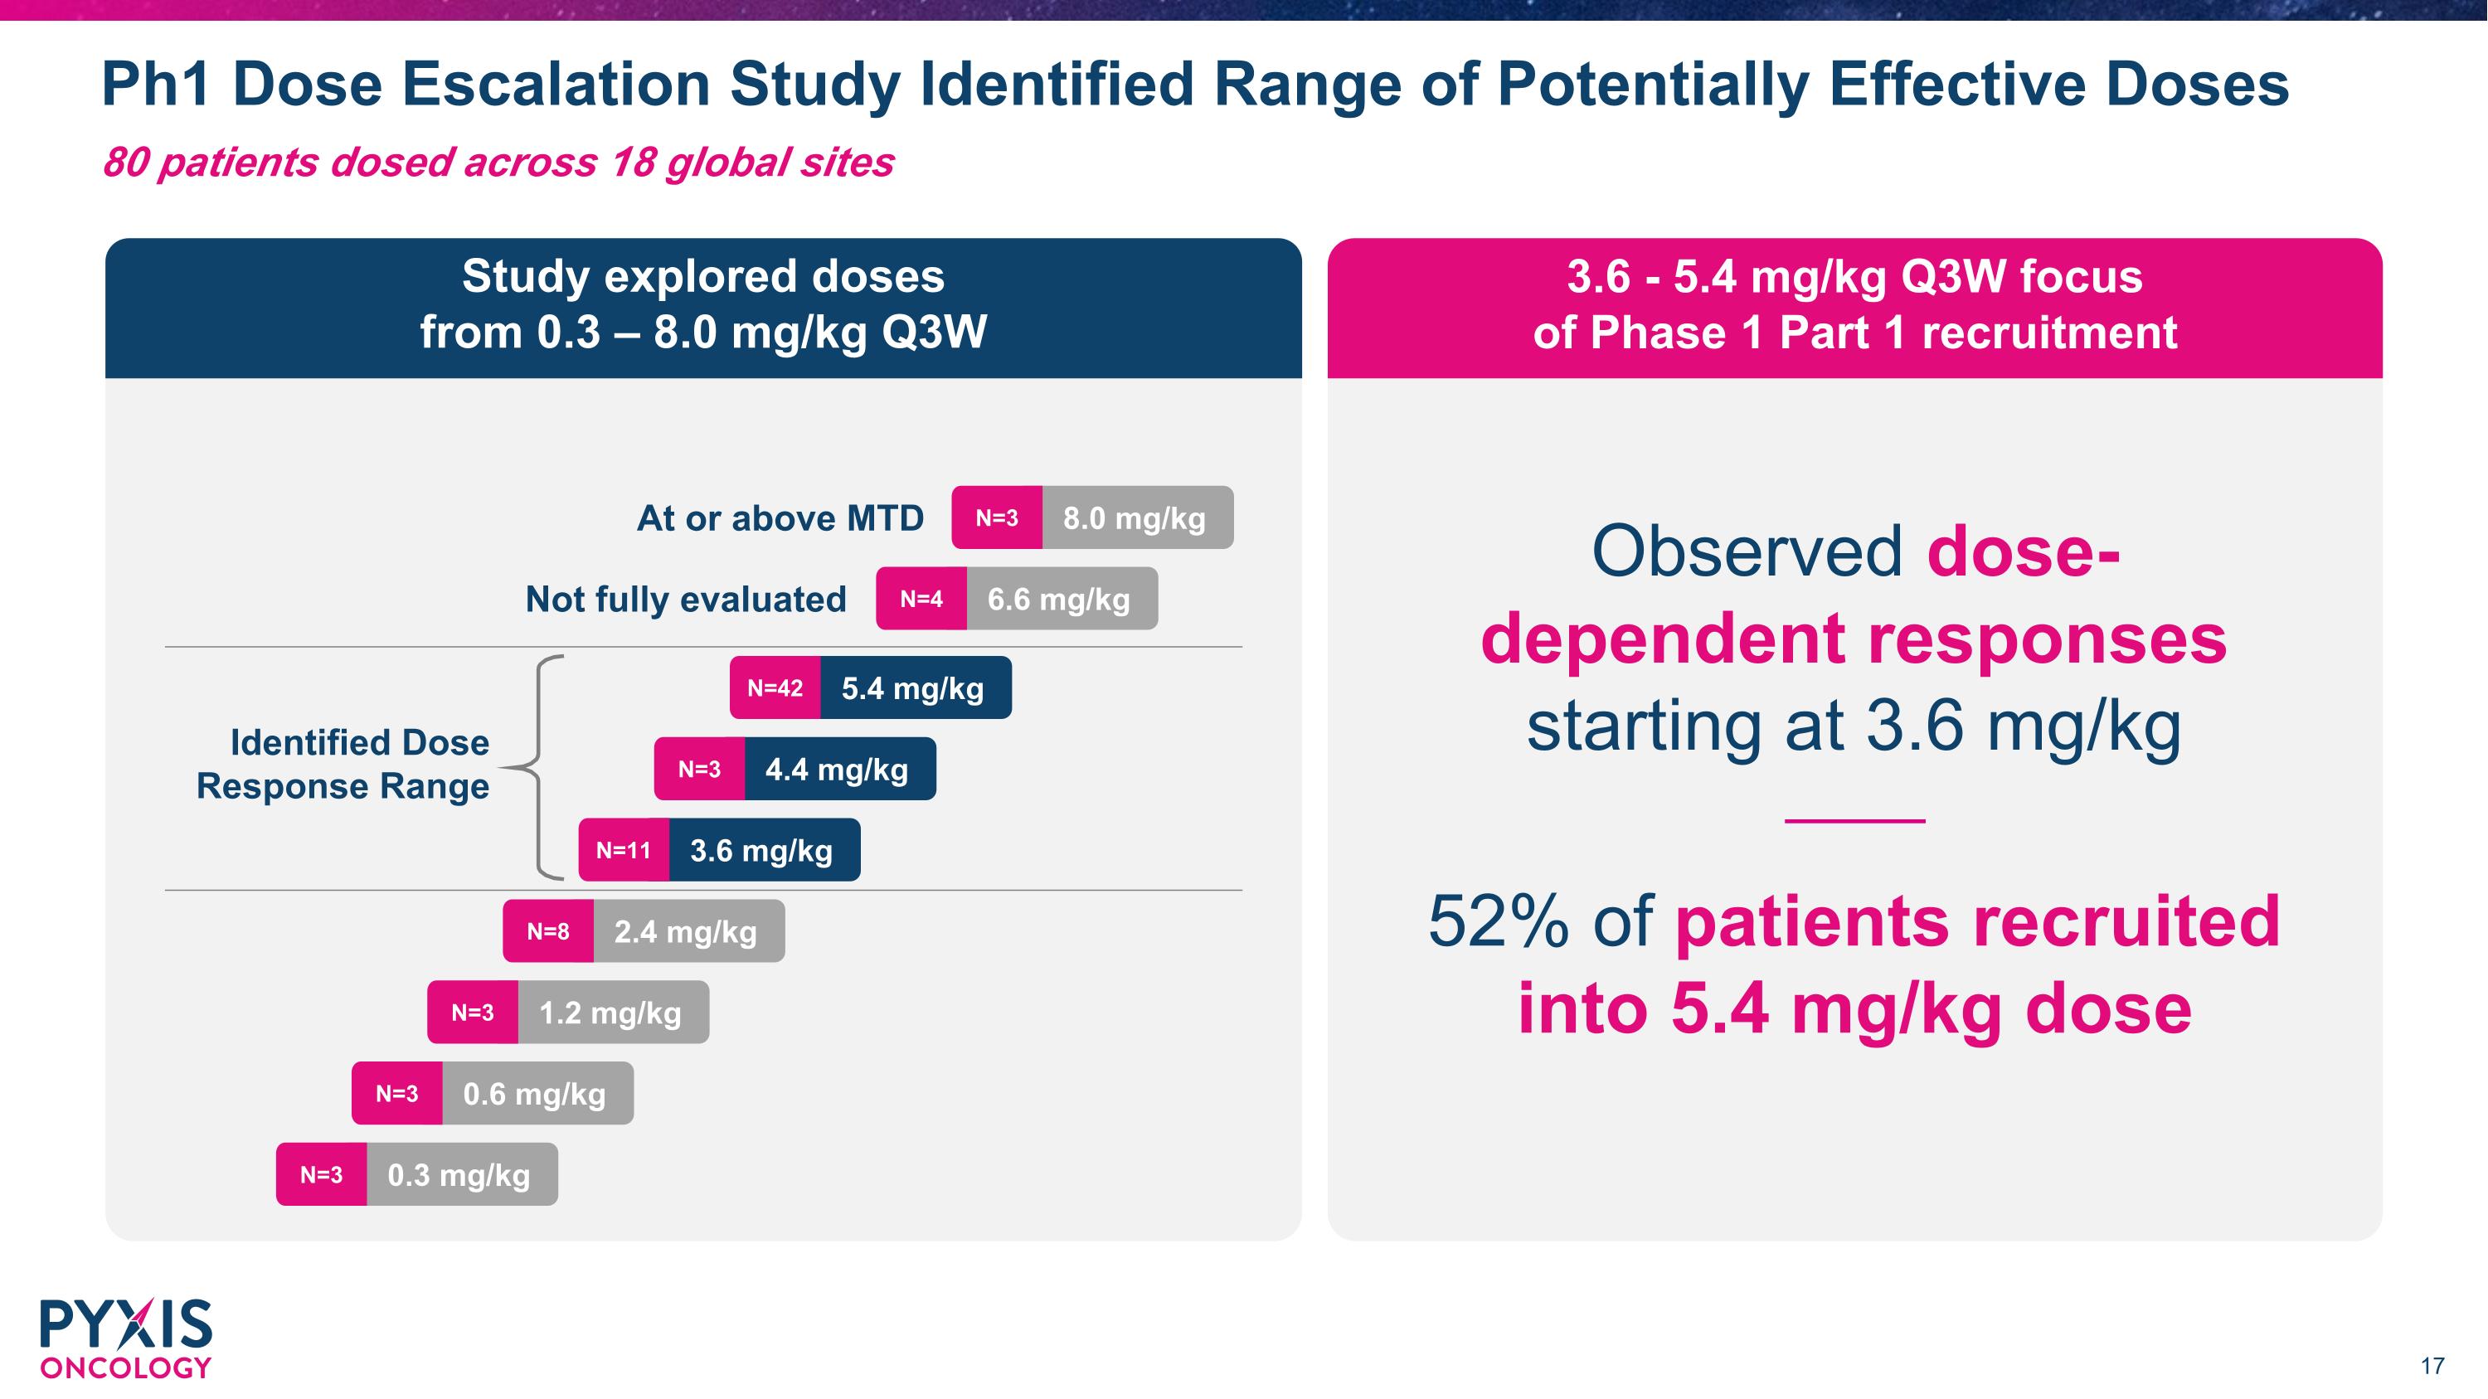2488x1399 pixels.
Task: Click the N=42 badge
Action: click(x=775, y=688)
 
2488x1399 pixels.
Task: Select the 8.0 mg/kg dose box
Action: click(x=1137, y=518)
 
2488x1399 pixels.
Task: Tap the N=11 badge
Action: click(x=624, y=851)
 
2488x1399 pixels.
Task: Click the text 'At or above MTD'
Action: click(x=780, y=518)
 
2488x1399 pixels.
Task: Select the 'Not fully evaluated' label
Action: click(x=686, y=600)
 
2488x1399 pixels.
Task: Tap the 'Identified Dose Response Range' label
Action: click(x=344, y=765)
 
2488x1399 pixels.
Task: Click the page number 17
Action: click(x=2432, y=1366)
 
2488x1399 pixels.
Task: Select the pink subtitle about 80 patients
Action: click(x=498, y=163)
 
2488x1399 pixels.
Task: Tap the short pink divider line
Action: click(x=1854, y=822)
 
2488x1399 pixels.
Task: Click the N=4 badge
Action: click(x=921, y=600)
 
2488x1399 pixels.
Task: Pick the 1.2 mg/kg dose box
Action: click(x=612, y=1013)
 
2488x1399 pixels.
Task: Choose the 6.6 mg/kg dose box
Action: click(x=1062, y=600)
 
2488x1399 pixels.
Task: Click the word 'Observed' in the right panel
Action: click(x=1747, y=551)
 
